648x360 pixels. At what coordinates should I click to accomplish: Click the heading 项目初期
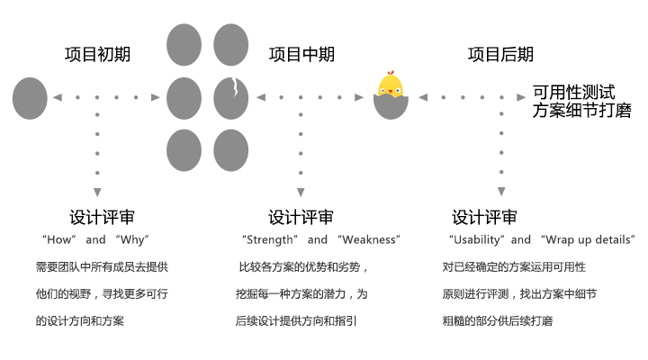pos(97,54)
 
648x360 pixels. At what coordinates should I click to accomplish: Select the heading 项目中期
pos(301,54)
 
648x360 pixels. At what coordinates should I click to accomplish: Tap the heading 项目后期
pos(500,54)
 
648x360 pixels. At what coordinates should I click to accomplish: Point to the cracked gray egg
pos(230,97)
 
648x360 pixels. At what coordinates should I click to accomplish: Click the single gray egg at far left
pos(29,97)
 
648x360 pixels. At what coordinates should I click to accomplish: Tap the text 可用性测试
pos(573,92)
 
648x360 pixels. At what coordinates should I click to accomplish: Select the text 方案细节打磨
pos(581,111)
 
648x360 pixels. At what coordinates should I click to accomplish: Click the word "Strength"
pos(269,240)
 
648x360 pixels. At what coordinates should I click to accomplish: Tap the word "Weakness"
pos(368,240)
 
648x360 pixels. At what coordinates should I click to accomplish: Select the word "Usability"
pos(477,240)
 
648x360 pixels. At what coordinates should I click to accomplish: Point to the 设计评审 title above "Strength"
pos(301,217)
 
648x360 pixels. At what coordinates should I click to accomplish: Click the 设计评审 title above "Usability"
pos(484,217)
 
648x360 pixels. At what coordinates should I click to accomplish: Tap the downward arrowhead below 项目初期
pos(97,191)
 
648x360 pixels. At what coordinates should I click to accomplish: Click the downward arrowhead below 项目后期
pos(500,191)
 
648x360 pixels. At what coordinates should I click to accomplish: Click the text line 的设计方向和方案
pos(79,319)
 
